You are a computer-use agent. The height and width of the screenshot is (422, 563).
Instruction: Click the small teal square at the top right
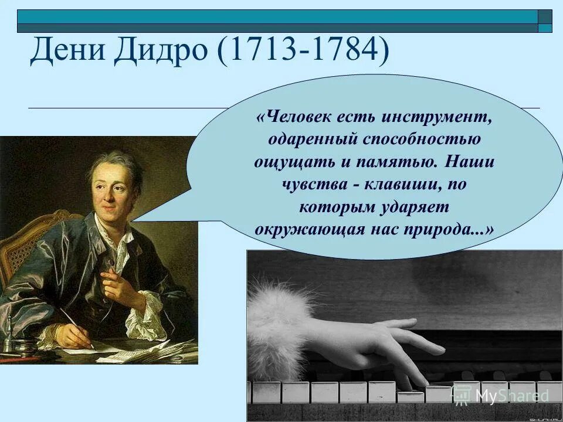545,26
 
